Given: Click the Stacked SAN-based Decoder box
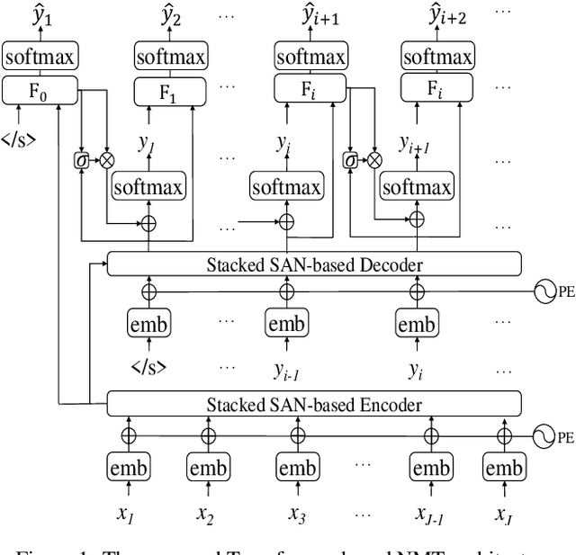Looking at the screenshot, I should click(313, 264).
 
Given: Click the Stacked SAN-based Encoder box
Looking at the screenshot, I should click(313, 404).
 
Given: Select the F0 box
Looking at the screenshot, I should click(41, 90).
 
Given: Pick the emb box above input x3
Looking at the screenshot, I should click(297, 468).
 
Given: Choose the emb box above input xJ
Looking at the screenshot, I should click(502, 468).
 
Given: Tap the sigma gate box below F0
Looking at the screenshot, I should click(82, 161).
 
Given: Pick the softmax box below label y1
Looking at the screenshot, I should click(148, 187).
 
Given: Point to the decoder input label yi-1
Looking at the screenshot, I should click(284, 368).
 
